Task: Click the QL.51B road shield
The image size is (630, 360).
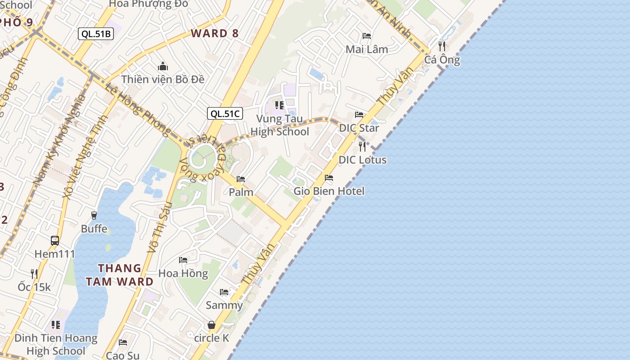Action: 95,34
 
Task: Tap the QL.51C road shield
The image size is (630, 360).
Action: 225,113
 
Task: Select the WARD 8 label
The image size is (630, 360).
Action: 215,33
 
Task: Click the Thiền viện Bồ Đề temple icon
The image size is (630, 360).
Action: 163,67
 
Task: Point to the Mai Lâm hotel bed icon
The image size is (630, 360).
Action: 367,36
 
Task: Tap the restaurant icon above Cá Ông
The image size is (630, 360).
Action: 442,46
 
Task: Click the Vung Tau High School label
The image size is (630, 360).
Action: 279,125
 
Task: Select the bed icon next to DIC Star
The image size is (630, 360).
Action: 359,115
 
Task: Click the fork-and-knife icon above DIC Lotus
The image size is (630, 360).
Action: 362,146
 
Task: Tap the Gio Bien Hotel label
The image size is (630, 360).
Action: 329,191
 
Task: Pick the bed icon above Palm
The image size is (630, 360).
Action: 241,179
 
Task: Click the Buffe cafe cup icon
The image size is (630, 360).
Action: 94,216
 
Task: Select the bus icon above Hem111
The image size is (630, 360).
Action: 55,241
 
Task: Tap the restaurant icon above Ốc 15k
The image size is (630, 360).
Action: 34,274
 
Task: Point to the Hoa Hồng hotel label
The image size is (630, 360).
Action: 183,274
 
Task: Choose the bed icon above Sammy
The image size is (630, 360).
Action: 224,292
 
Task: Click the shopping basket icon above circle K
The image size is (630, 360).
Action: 211,325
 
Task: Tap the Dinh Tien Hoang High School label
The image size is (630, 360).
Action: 56,344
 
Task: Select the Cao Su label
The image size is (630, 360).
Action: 122,355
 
